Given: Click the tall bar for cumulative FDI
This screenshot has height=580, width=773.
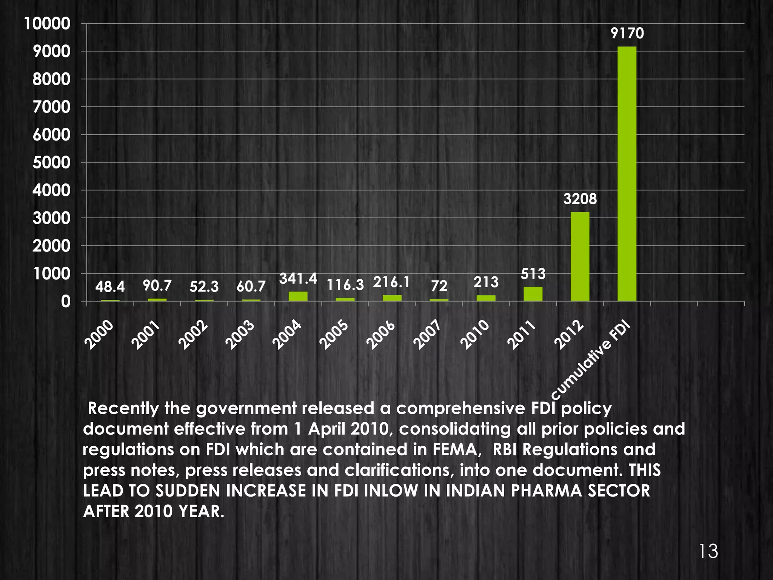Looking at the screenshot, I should (627, 174).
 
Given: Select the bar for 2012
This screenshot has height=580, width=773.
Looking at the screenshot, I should (580, 257).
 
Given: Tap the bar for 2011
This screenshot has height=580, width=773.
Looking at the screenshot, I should (533, 294).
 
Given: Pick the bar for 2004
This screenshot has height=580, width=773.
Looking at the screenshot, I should (298, 296).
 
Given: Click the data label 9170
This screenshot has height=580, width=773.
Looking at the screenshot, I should (627, 34).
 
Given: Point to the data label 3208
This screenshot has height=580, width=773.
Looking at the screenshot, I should (580, 199).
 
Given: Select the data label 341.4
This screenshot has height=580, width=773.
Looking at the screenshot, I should (298, 279).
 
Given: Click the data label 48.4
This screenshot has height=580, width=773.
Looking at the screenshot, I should (110, 287).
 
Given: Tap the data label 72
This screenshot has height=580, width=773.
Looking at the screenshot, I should (439, 286).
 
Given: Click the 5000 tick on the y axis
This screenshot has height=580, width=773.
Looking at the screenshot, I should (51, 163).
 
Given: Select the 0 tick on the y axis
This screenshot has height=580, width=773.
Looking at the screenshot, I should (66, 302).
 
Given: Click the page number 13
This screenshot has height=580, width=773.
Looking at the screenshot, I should (708, 552).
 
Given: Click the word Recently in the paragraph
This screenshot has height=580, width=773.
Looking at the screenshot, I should (122, 409).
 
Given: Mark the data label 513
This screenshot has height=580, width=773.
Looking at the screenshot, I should (533, 274).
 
